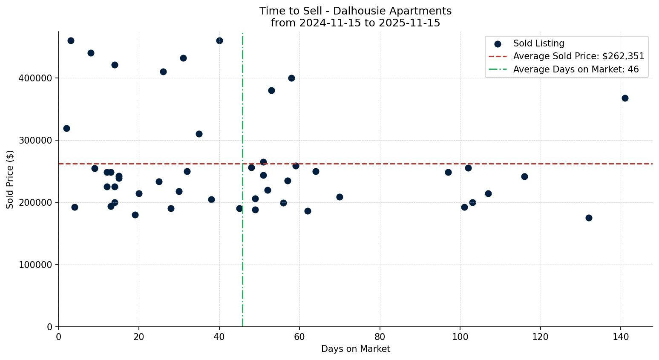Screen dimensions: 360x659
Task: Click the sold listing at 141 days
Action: coord(625,98)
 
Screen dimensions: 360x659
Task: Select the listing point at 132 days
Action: coord(589,218)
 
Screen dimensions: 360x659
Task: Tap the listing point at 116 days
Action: coord(524,176)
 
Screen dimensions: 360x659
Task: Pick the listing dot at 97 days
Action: coord(448,172)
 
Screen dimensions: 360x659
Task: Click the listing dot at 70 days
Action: coord(340,197)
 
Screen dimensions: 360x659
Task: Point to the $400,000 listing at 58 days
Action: coord(291,78)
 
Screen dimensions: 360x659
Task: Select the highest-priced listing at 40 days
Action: coord(219,40)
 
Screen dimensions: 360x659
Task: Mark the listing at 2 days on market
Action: coord(66,128)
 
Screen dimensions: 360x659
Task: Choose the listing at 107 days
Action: coord(488,193)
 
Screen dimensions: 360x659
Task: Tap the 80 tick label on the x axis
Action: coord(380,337)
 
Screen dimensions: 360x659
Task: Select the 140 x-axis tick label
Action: coord(621,337)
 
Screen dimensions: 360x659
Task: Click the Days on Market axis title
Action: coord(355,349)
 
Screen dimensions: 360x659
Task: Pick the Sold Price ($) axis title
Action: coord(10,179)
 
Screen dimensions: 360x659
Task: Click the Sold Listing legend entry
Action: coord(538,43)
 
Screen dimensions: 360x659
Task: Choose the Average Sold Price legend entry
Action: coord(578,56)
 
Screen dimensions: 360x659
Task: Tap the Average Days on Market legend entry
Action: coord(576,69)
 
